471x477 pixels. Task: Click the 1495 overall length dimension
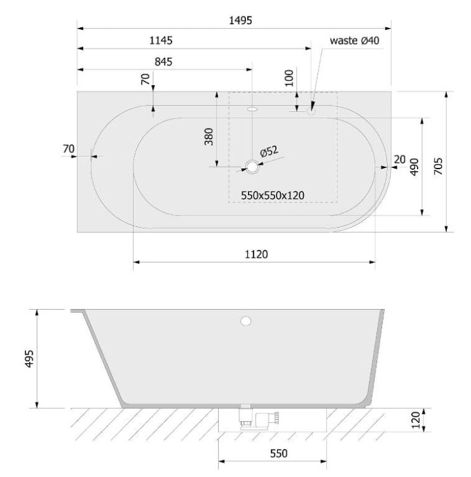(240, 20)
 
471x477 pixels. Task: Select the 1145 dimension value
(161, 40)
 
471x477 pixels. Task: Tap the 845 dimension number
(163, 62)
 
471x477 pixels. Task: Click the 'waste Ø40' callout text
(355, 40)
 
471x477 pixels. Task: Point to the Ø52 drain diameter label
(269, 151)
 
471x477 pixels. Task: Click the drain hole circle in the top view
(252, 167)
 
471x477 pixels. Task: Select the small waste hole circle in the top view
(311, 111)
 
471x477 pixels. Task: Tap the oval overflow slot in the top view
(252, 109)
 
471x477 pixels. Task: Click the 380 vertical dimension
(209, 137)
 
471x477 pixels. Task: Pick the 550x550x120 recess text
(273, 195)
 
